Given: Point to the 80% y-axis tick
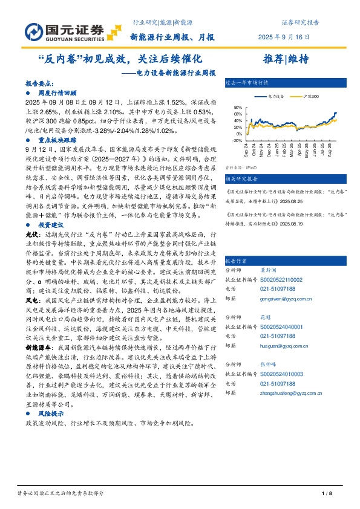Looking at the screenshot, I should click(237, 107).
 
